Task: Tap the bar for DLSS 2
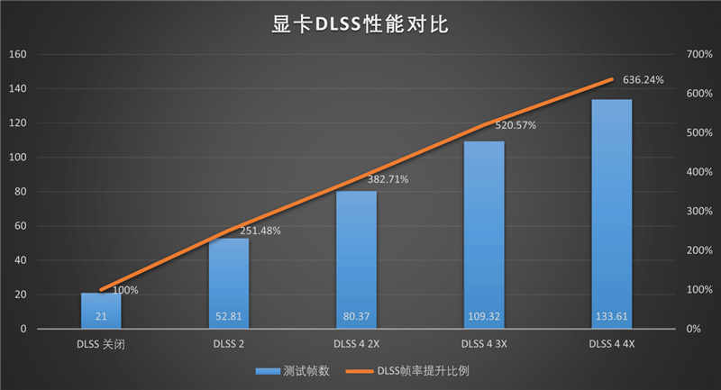pos(229,279)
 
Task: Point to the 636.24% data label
pos(643,80)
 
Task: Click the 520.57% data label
pos(516,125)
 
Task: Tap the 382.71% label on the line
pos(388,179)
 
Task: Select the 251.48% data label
pos(260,231)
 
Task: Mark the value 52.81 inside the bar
pos(229,317)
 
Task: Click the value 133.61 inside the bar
pos(612,317)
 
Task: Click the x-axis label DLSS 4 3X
pos(484,344)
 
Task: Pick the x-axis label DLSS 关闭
pos(101,344)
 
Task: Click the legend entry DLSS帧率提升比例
pos(423,370)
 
